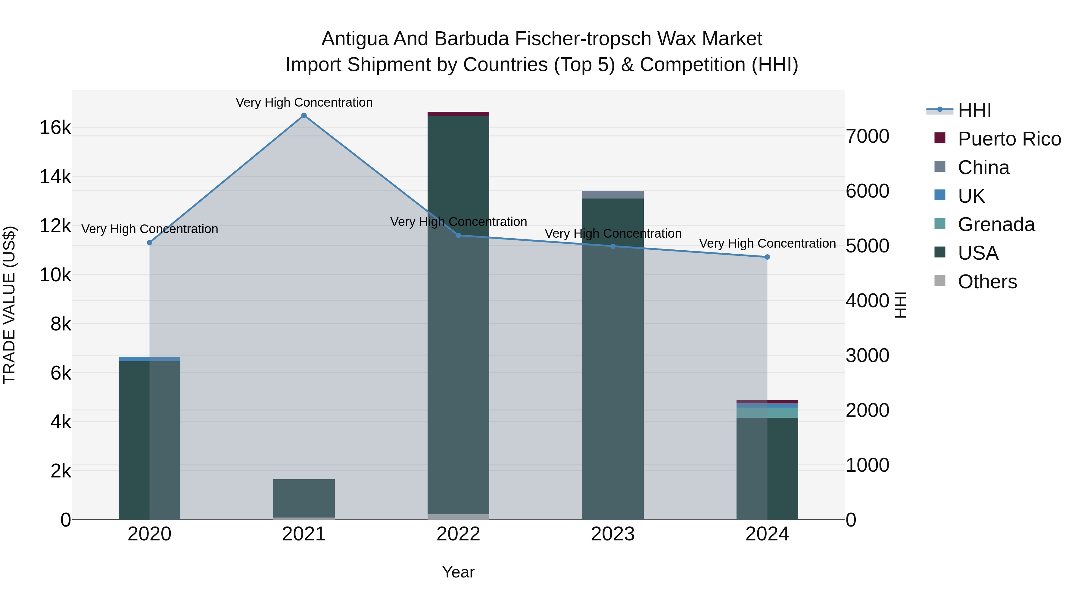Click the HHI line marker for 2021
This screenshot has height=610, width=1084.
click(304, 115)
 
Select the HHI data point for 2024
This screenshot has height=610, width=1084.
click(767, 257)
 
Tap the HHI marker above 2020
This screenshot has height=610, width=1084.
click(149, 242)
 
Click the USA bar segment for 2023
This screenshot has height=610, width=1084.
click(613, 358)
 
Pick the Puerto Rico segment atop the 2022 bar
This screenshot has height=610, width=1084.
click(458, 114)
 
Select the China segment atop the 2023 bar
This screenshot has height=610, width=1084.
click(613, 195)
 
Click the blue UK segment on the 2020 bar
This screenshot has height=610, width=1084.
click(149, 359)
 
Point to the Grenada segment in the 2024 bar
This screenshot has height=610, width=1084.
click(767, 413)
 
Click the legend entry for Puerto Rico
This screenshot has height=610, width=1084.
click(1009, 139)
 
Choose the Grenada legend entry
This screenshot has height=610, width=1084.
click(996, 224)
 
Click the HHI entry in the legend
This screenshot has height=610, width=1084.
click(974, 110)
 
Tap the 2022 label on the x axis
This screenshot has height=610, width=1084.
click(458, 534)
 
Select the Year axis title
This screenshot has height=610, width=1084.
click(458, 572)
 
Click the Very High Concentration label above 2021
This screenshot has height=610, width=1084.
click(304, 102)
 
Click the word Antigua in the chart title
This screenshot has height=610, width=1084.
click(354, 39)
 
